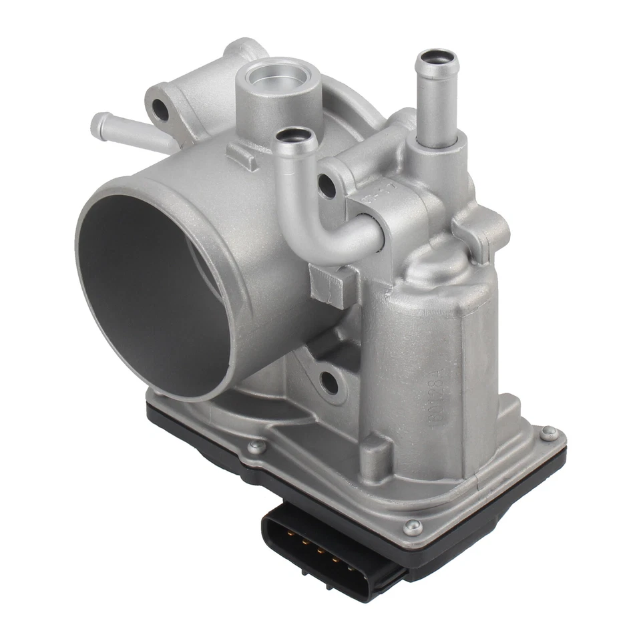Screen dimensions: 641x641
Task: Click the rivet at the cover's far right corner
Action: click(x=549, y=433)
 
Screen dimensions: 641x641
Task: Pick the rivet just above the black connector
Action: click(x=412, y=526)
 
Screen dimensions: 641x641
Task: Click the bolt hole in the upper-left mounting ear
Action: click(x=160, y=110)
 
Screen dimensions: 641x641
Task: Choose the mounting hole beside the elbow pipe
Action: click(x=327, y=186)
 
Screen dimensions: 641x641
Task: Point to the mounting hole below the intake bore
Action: click(x=329, y=383)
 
